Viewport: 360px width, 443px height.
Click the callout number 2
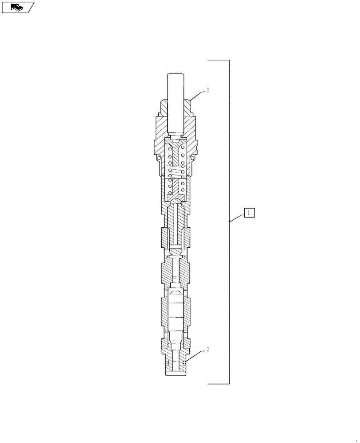click(207, 90)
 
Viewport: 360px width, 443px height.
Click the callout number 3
click(207, 350)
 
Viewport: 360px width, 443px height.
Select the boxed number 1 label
click(249, 213)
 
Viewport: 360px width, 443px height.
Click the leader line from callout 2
click(198, 95)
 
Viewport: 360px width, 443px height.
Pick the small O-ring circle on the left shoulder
click(159, 157)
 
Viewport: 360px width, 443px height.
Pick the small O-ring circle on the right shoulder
click(193, 157)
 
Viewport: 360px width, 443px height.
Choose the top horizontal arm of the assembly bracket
click(218, 60)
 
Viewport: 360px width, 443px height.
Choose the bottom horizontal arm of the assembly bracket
click(218, 384)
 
